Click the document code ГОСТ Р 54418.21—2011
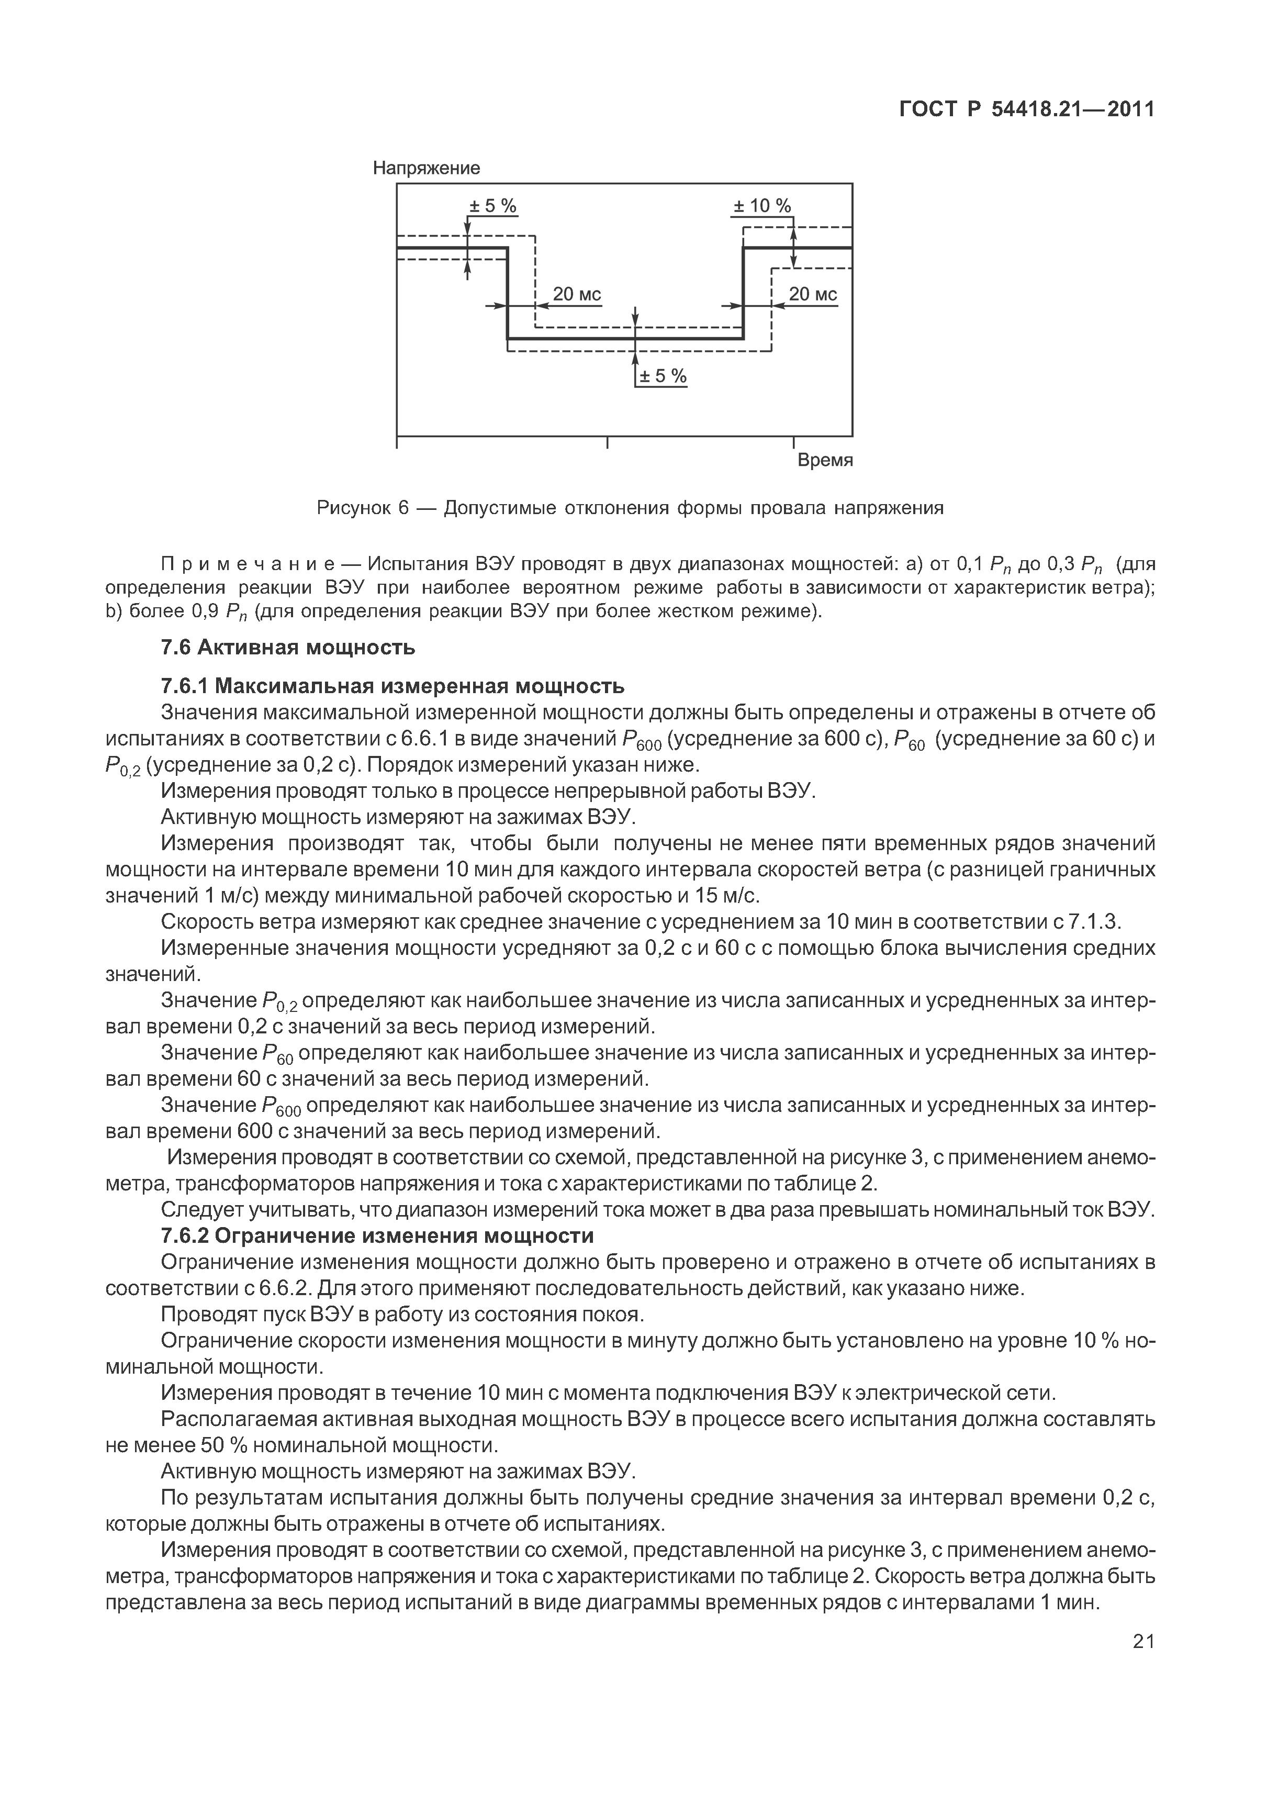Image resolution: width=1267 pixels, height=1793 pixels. pos(1026,110)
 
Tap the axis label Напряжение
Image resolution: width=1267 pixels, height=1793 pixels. pos(426,168)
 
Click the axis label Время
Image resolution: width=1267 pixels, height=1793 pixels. pos(824,460)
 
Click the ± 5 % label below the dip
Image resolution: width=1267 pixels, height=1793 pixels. pos(663,376)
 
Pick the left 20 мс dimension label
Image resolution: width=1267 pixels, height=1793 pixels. pos(577,294)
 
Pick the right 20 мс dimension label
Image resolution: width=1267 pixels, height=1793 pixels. pos(813,294)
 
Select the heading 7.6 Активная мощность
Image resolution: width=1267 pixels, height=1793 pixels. pos(288,648)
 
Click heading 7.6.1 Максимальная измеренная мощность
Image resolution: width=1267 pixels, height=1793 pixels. pos(393,686)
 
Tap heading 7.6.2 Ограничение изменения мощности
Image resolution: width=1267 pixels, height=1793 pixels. pos(377,1236)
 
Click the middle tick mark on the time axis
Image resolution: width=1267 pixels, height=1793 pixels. pos(608,443)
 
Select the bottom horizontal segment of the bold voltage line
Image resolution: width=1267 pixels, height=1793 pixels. pos(624,339)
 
